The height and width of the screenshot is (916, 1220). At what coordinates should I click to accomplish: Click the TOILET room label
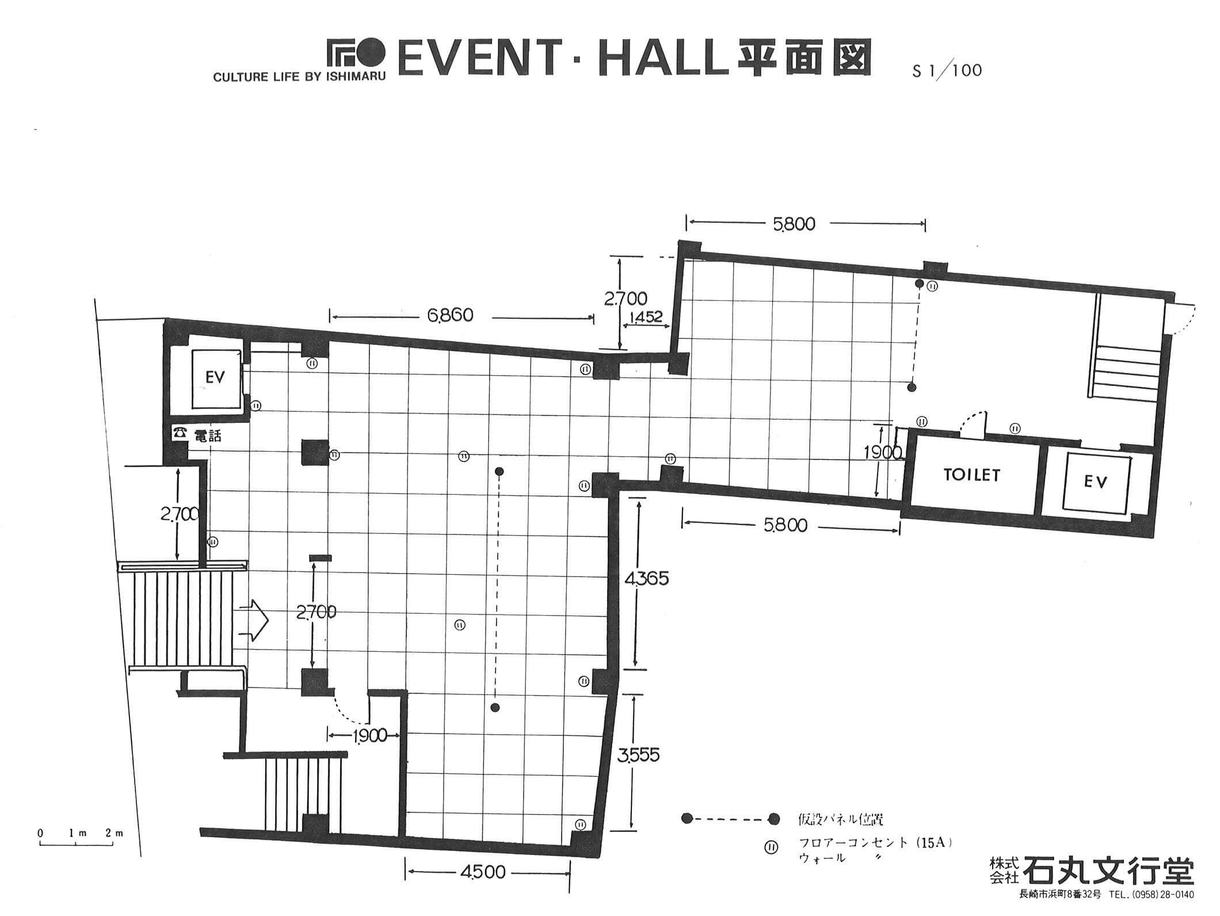click(972, 475)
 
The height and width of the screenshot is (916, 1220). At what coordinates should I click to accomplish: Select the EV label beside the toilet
click(1096, 482)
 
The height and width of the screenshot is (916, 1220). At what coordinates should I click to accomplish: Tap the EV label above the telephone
click(215, 377)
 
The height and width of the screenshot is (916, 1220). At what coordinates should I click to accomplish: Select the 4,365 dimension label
click(647, 578)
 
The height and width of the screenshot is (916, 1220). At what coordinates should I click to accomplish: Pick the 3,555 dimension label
click(638, 754)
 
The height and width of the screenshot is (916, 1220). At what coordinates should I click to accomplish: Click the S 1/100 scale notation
click(947, 71)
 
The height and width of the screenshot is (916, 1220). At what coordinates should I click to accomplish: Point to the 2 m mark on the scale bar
click(115, 833)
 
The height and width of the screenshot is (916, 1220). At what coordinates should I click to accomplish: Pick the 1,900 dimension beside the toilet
click(883, 453)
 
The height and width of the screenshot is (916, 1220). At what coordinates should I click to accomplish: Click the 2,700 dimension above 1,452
click(626, 299)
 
